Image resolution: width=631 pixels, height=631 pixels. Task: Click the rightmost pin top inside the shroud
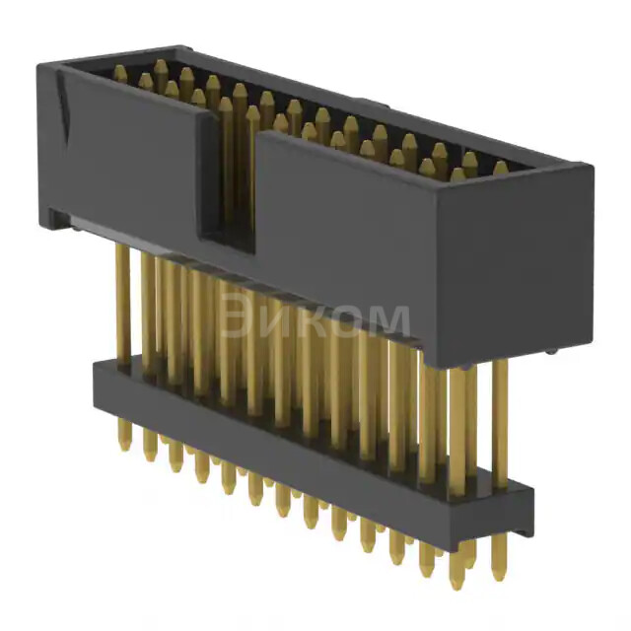pyautogui.click(x=500, y=168)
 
